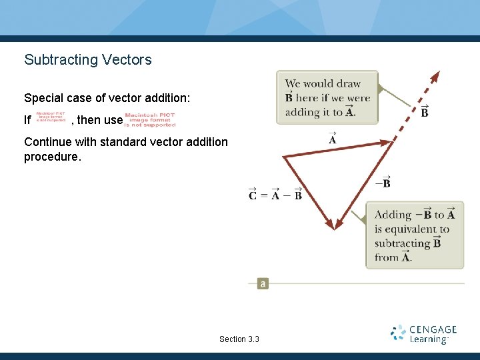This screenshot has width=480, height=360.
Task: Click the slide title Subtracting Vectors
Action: tap(88, 60)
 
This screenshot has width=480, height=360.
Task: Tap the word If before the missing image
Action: tap(27, 121)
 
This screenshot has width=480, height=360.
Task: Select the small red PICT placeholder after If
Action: tap(51, 117)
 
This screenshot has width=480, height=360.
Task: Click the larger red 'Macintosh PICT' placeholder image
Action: tap(150, 119)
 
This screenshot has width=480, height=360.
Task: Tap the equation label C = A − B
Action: tap(275, 195)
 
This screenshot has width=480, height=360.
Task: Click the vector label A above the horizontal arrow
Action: tap(332, 139)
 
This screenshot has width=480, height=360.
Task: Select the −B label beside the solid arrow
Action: tap(383, 182)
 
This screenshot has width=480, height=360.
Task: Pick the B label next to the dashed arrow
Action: tap(425, 111)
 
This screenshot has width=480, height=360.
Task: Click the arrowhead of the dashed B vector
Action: tap(436, 75)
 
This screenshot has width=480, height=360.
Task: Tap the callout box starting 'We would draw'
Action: tap(327, 97)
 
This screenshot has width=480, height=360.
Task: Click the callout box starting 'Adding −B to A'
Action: tap(414, 235)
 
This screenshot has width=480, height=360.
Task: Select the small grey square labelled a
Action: tap(263, 283)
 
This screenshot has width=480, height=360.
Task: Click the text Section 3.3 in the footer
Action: tap(239, 339)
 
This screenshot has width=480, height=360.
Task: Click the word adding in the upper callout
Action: tap(301, 112)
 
